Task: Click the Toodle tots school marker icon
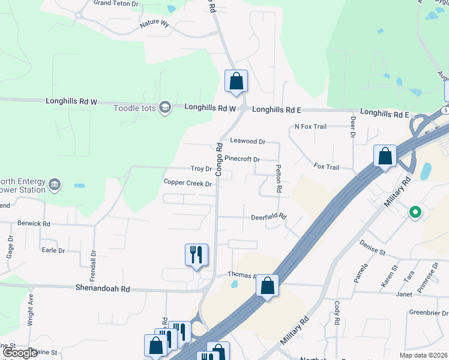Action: pos(165,108)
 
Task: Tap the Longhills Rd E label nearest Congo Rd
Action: pos(276,110)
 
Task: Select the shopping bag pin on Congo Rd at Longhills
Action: pos(236,82)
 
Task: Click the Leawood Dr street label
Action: pos(248,142)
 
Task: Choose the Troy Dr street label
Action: pos(201,169)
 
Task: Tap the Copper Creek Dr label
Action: pos(187,182)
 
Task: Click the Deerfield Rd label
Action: pos(268,217)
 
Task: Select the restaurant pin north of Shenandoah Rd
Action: pos(196,256)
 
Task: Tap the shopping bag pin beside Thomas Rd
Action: pos(268,286)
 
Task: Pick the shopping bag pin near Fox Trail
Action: pos(385,157)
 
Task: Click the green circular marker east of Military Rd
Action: pos(414,212)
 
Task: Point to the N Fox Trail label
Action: pos(310,127)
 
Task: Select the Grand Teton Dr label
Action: pos(116,3)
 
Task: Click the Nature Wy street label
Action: pos(155,25)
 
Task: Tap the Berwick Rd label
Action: pos(34,223)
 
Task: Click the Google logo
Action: pos(20,353)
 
